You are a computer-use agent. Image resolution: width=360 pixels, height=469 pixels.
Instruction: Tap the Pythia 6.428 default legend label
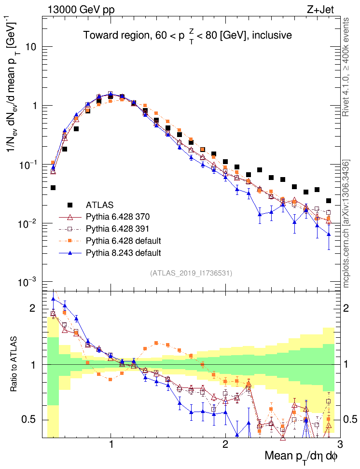click(123, 240)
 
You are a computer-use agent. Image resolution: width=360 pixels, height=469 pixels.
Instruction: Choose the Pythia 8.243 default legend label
click(123, 252)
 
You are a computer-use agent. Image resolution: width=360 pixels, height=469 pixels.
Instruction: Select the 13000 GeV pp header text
click(81, 9)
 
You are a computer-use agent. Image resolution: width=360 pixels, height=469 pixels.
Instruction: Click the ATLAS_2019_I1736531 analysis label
click(192, 273)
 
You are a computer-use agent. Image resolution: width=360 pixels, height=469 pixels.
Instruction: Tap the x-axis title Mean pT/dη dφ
click(302, 455)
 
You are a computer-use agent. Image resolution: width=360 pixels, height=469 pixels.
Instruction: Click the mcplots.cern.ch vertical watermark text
click(346, 224)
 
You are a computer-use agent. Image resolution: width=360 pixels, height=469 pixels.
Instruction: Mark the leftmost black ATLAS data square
click(53, 188)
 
